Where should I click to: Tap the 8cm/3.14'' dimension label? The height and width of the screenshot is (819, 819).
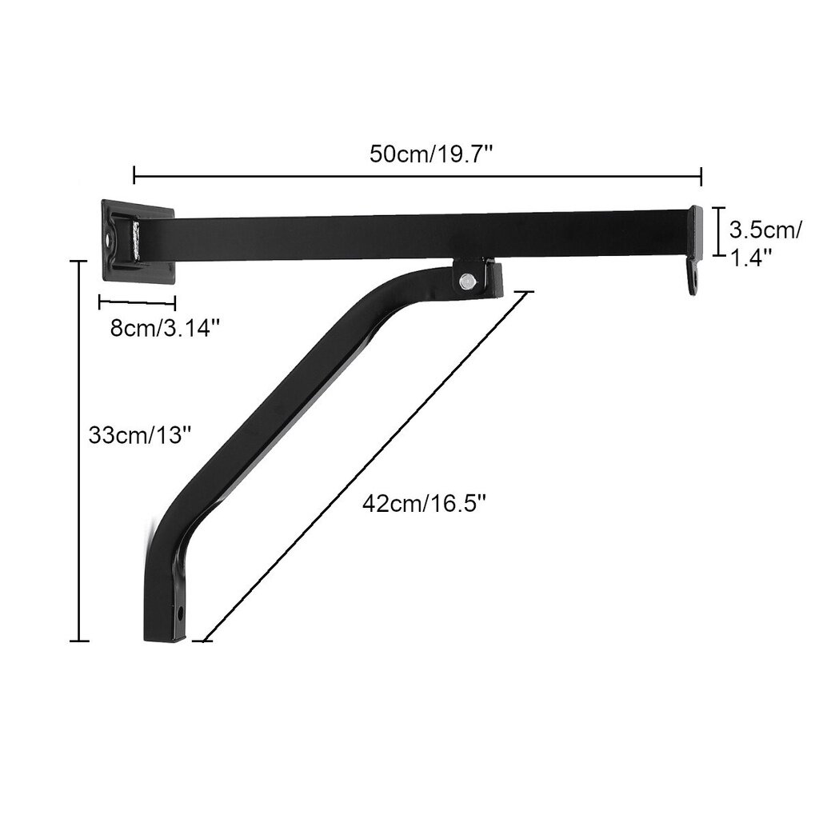[x=163, y=328]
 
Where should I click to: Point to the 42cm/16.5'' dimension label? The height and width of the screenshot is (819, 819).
[x=424, y=504]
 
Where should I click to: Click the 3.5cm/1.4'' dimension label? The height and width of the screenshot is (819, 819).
[x=764, y=243]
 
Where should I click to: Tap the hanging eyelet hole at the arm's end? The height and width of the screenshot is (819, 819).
[x=694, y=281]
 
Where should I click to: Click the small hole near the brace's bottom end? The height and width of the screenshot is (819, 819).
[x=180, y=613]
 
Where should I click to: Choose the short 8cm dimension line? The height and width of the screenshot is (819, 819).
[x=137, y=302]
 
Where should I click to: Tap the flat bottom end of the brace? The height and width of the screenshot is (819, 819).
[x=165, y=637]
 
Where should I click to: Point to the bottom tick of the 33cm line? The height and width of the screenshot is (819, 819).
[x=78, y=641]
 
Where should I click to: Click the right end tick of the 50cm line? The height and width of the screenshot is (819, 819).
[x=701, y=175]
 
